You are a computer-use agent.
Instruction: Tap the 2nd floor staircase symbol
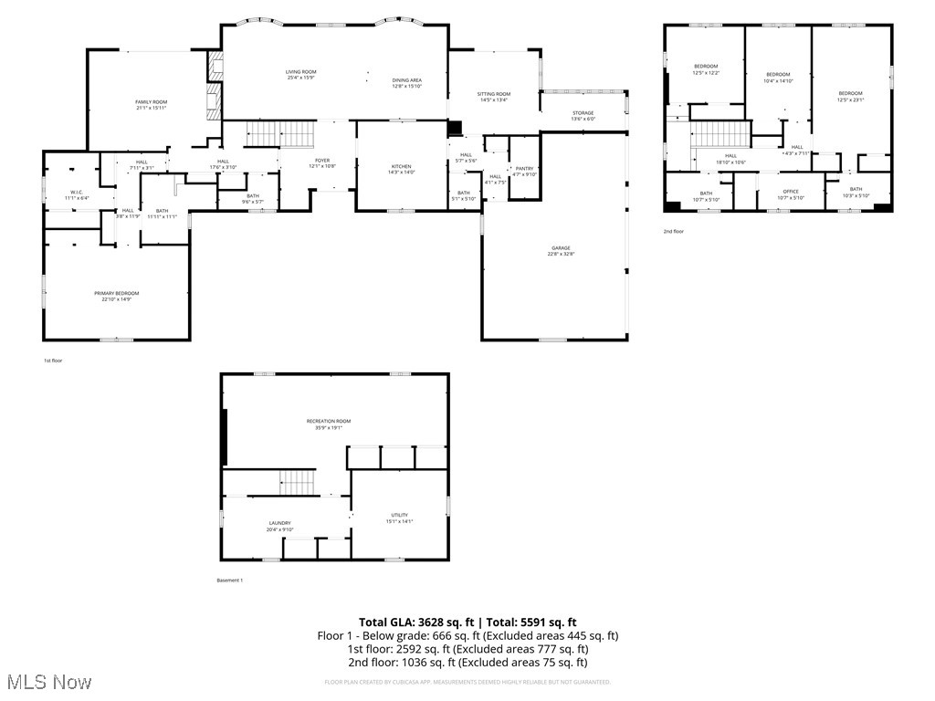pyautogui.click(x=720, y=134)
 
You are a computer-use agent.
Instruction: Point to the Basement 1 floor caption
pyautogui.click(x=229, y=581)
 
